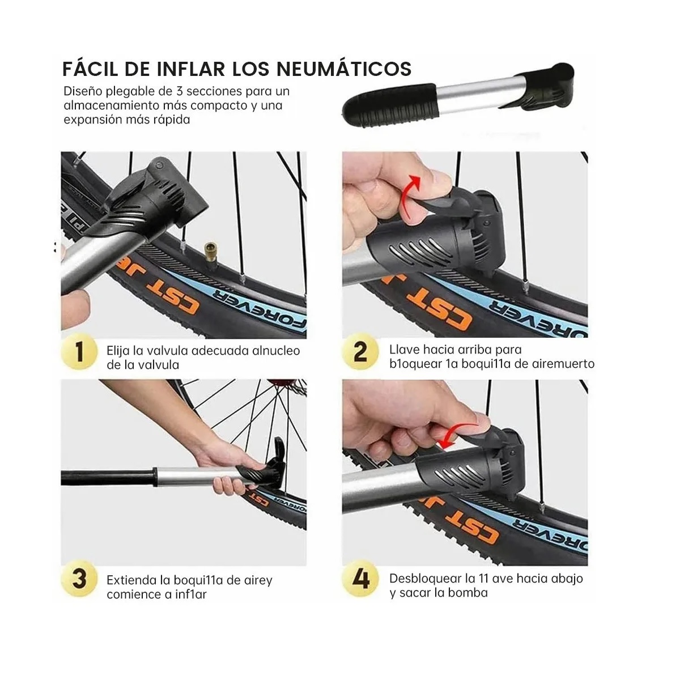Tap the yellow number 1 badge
pyautogui.click(x=80, y=352)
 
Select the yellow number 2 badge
pyautogui.click(x=360, y=352)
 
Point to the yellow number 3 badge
pyautogui.click(x=80, y=579)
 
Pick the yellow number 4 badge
pyautogui.click(x=361, y=579)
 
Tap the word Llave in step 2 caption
pyautogui.click(x=403, y=350)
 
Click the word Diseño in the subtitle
pyautogui.click(x=82, y=91)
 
